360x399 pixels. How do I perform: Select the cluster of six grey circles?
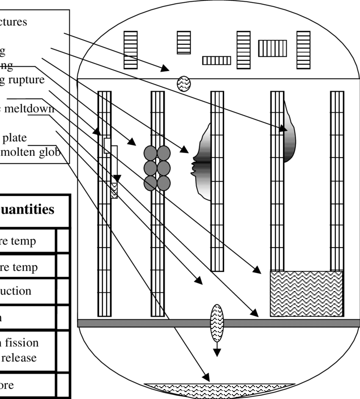click(157, 168)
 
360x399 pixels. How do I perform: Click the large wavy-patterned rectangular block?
click(306, 294)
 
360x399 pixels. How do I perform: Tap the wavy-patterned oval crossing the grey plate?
click(217, 323)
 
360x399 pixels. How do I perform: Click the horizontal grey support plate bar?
click(219, 323)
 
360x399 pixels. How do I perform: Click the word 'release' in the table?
click(19, 358)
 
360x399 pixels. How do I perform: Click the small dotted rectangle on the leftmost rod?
click(114, 191)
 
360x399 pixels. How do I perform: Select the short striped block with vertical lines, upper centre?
click(216, 61)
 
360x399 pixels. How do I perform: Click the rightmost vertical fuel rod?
click(337, 203)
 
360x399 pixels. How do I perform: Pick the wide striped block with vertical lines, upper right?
click(272, 48)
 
